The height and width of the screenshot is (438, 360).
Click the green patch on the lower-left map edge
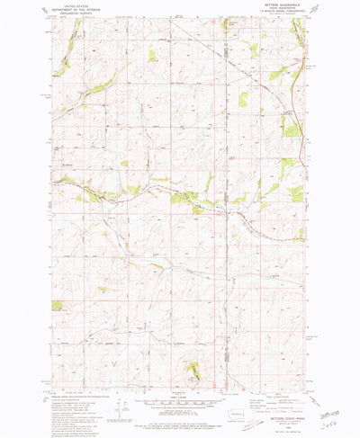(58, 306)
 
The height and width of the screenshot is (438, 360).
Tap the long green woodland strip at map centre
(184, 196)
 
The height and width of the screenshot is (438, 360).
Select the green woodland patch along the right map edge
(294, 194)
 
